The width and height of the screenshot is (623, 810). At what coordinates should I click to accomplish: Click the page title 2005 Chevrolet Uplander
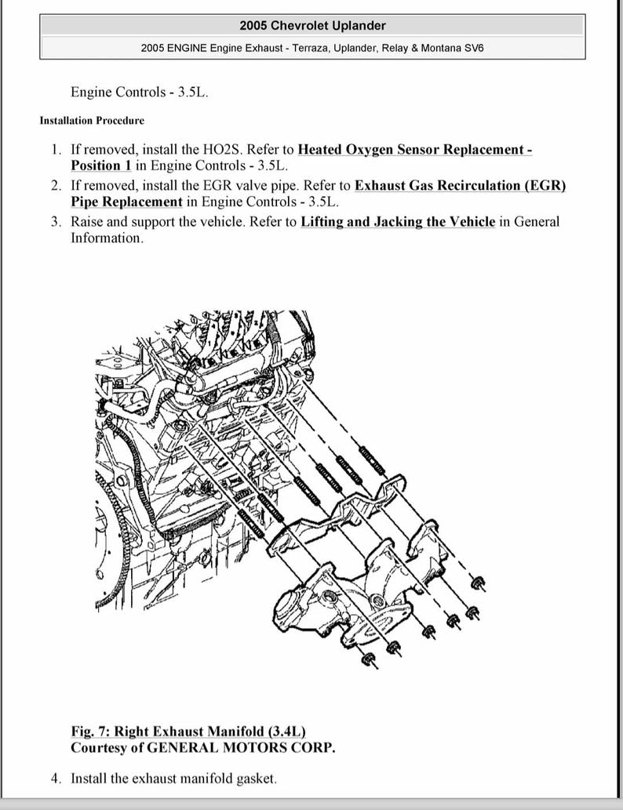point(312,26)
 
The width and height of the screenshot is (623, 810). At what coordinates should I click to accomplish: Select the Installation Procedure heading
point(92,121)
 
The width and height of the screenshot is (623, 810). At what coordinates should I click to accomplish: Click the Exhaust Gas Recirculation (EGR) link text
point(460,185)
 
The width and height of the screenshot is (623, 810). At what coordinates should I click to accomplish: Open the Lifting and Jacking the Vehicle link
point(398,221)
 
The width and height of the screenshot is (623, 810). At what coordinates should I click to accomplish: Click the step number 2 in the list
point(56,186)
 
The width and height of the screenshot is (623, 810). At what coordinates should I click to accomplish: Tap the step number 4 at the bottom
point(56,779)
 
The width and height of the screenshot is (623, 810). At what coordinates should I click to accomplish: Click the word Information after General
point(106,238)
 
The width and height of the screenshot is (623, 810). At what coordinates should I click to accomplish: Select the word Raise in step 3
point(87,221)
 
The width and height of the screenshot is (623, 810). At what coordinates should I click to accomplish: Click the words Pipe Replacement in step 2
point(126,202)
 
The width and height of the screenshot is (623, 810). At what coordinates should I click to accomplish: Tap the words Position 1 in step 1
point(100,165)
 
